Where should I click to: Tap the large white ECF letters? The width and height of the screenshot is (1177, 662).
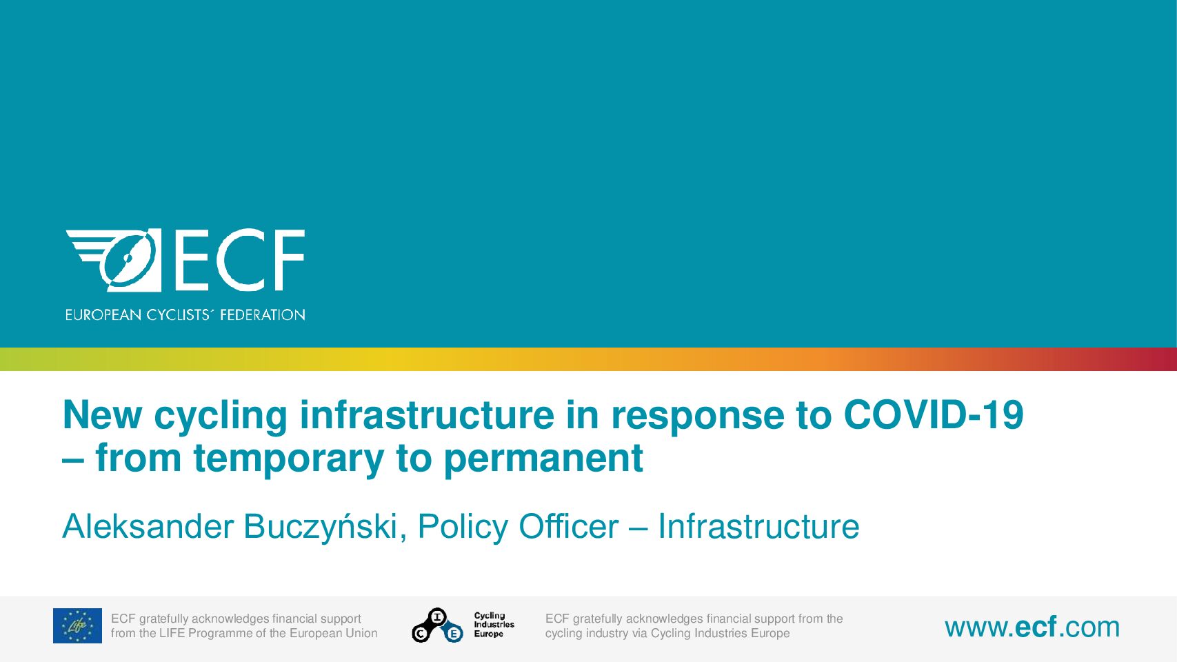click(239, 260)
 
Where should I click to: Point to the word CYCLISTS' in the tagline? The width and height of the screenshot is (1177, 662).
click(179, 315)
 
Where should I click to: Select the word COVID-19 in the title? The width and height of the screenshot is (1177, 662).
click(934, 415)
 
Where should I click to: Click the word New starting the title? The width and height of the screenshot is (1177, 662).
click(103, 415)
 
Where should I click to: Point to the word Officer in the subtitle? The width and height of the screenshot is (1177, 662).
click(569, 526)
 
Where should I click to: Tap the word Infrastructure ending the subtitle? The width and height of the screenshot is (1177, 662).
click(758, 526)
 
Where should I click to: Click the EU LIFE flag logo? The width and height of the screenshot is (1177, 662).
click(77, 625)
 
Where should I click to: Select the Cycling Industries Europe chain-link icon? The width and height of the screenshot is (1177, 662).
click(437, 625)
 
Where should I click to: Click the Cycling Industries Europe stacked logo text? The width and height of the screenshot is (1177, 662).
click(494, 625)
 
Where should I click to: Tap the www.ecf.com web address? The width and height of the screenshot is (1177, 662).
click(1032, 627)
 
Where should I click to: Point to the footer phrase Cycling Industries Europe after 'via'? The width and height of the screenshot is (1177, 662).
click(721, 633)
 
